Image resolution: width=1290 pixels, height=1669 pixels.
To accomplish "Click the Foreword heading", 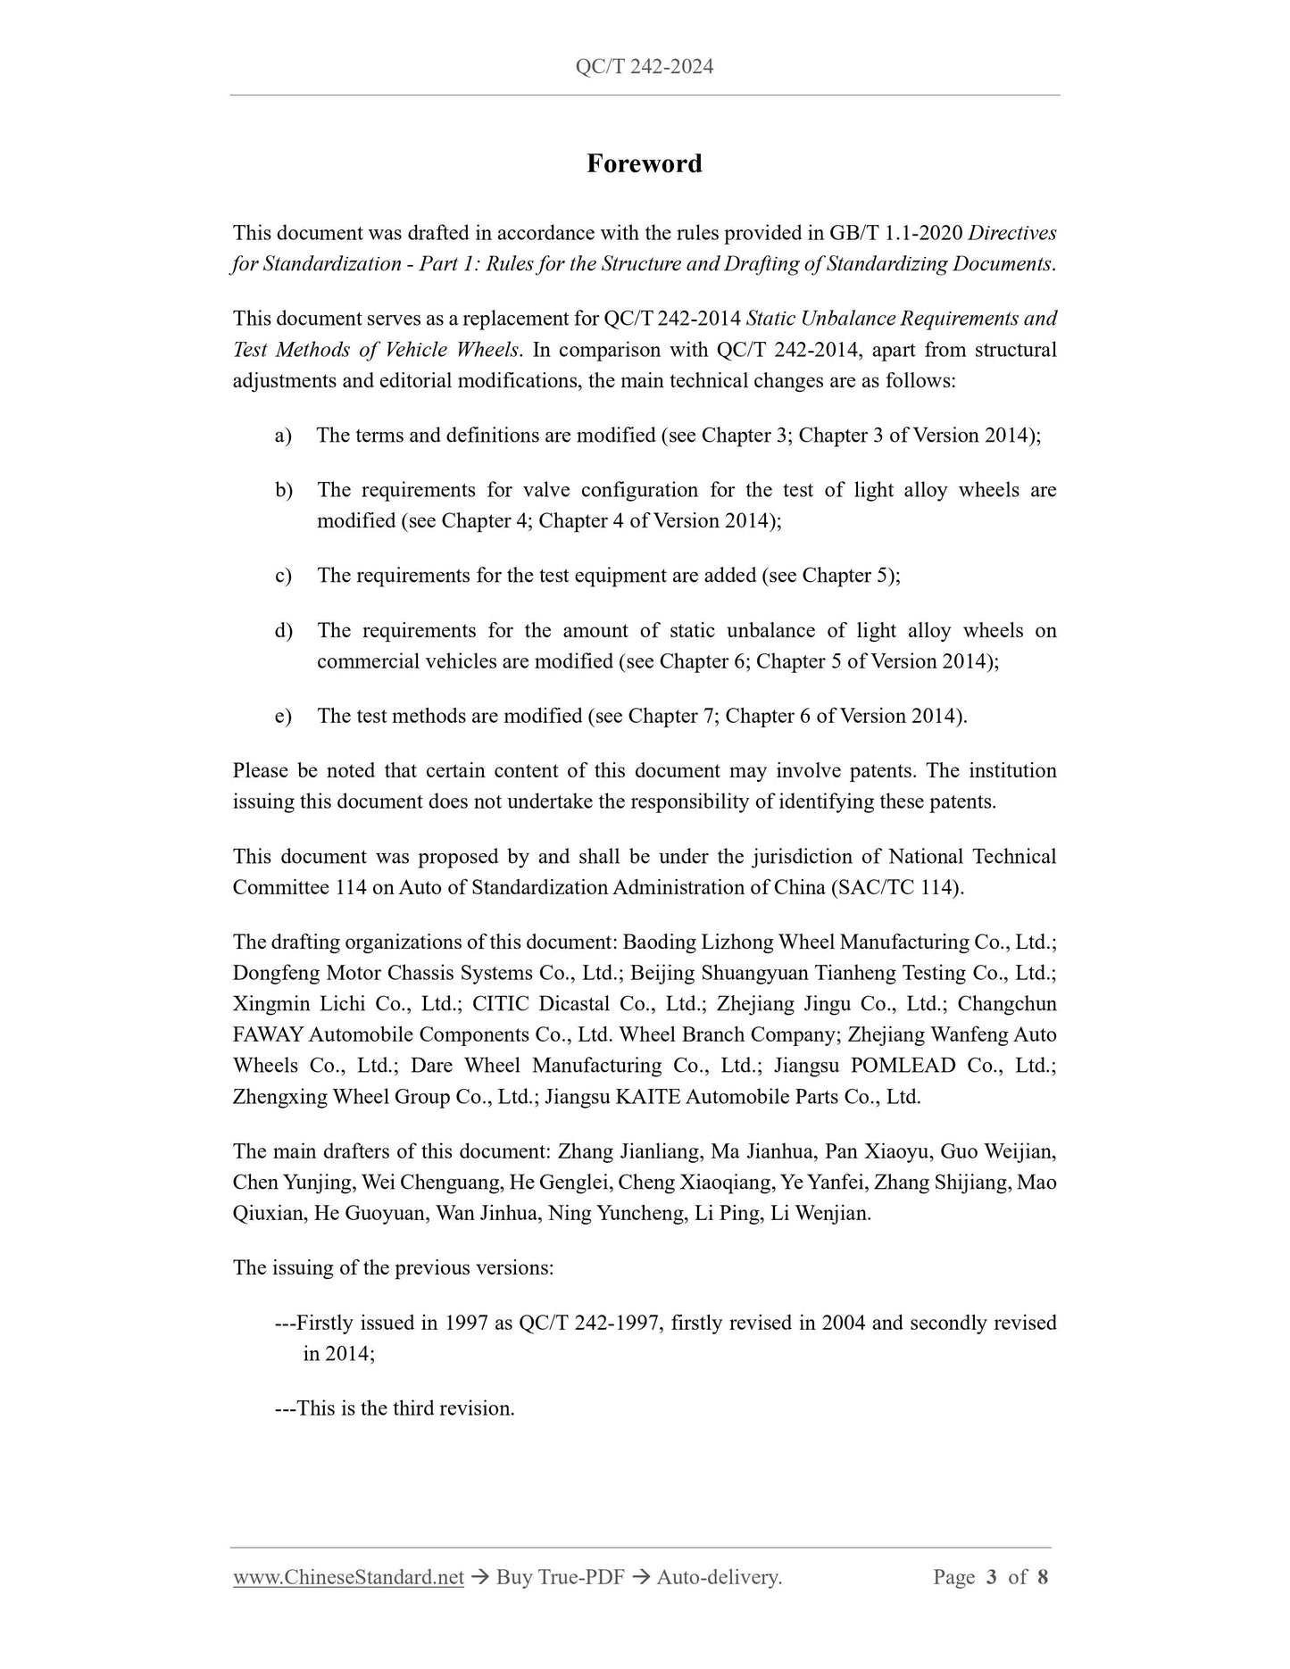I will pos(644,163).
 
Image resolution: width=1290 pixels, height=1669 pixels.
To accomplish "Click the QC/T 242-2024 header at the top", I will pos(644,67).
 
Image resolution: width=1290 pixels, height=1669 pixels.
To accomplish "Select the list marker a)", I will pos(283,436).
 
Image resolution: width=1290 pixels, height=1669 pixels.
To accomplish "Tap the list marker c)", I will pos(283,576).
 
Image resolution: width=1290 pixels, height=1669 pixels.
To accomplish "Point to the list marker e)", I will pos(283,716).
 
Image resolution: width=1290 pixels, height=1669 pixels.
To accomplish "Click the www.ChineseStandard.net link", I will pos(348,1577).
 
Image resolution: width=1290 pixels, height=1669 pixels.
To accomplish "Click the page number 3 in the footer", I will pos(991,1577).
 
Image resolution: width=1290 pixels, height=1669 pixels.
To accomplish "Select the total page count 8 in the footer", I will pos(1043,1577).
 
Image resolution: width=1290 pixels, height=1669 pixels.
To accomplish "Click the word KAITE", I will pos(648,1096).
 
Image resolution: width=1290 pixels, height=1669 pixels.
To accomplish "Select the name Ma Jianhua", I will pos(762,1151).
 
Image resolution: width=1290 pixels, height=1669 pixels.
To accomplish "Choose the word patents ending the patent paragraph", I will pos(962,801).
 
